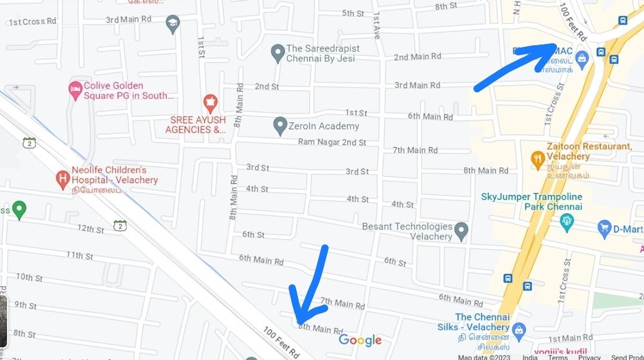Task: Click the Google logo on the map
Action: pos(360,340)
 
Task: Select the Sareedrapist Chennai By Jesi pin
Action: pos(278,53)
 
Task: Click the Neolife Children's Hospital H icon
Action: pos(62,178)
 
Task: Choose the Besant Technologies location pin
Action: pos(461,231)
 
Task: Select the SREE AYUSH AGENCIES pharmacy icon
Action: pos(209,102)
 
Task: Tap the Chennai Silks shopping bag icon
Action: pos(520,330)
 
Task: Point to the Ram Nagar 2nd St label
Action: pos(332,142)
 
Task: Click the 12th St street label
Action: pos(91,229)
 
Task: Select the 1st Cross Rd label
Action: pos(32,21)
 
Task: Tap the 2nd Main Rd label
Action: pos(412,57)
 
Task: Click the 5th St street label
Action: pos(353,14)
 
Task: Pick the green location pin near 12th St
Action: pos(19,209)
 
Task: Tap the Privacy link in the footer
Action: pos(589,357)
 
